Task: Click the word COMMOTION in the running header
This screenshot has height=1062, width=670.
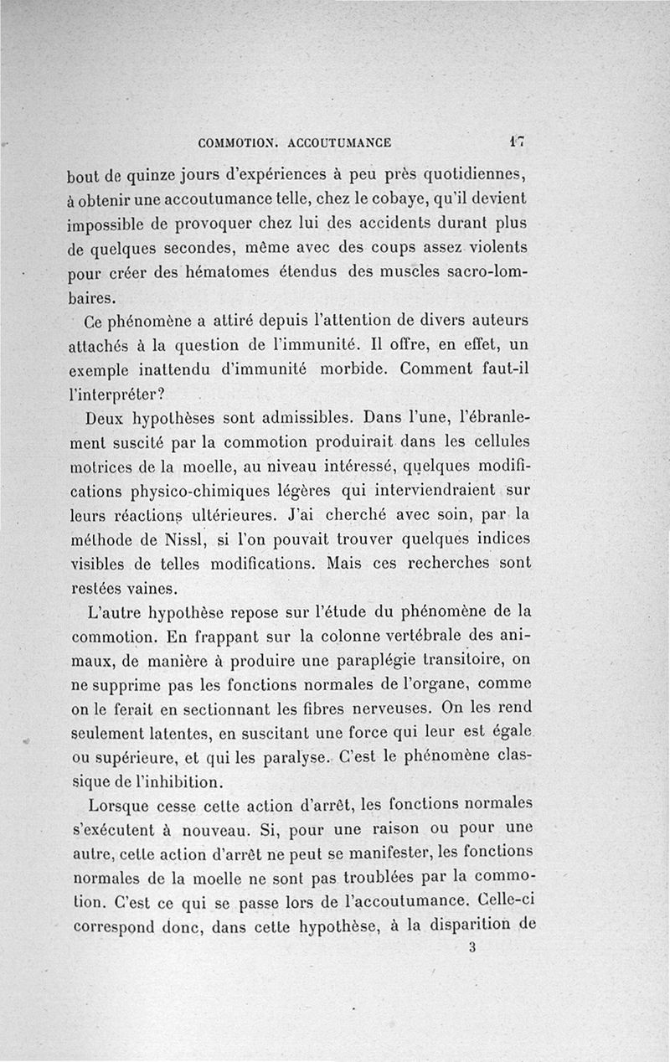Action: pyautogui.click(x=236, y=143)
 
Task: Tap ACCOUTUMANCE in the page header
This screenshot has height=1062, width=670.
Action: pyautogui.click(x=339, y=143)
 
